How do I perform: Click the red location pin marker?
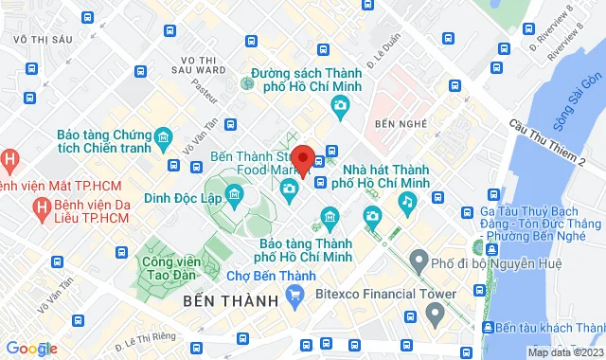pyautogui.click(x=303, y=159)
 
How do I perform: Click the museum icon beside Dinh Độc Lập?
pyautogui.click(x=234, y=194)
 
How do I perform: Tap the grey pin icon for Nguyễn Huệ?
pyautogui.click(x=418, y=259)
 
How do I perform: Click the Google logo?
pyautogui.click(x=30, y=349)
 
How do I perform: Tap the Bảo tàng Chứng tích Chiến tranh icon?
pyautogui.click(x=164, y=140)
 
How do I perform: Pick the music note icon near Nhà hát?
pyautogui.click(x=407, y=201)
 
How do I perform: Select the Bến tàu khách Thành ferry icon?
pyautogui.click(x=487, y=327)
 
